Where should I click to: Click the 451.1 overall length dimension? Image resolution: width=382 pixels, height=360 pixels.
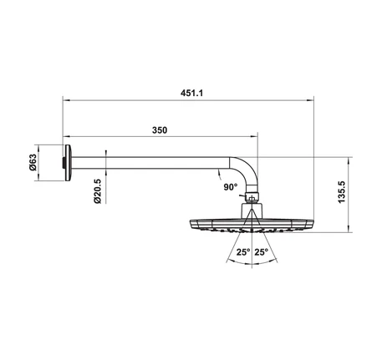(191, 93)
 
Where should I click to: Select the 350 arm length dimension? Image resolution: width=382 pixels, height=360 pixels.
(160, 130)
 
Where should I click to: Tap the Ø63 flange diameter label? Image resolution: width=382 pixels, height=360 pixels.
(33, 162)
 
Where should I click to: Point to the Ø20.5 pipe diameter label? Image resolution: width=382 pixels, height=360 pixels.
(98, 191)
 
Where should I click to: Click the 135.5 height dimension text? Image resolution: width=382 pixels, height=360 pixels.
(342, 192)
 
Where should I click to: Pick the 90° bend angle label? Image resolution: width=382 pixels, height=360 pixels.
(231, 187)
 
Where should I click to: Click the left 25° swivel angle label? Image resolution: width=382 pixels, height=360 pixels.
(243, 252)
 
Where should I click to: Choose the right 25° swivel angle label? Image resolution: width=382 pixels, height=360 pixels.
(261, 252)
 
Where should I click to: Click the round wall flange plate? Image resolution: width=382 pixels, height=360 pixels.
(69, 163)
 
